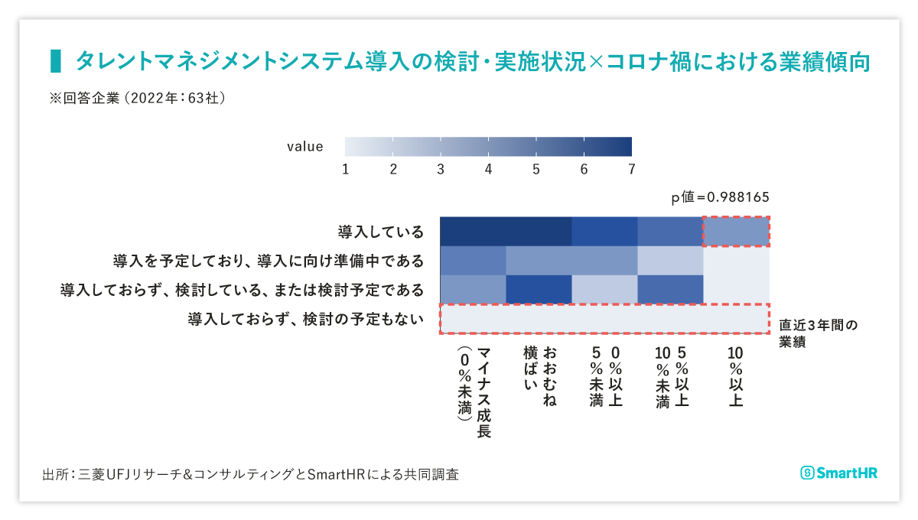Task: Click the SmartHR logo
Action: tap(838, 473)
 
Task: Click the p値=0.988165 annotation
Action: tap(720, 197)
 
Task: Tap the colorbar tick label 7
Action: tap(631, 169)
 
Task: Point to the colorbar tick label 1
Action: tap(345, 169)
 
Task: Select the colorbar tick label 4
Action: tap(488, 169)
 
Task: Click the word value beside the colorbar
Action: tap(304, 147)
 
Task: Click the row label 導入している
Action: tap(380, 232)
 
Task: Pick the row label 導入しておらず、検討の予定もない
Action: tap(305, 319)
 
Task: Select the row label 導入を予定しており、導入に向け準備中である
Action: tap(268, 261)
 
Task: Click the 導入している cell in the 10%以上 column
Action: tap(736, 232)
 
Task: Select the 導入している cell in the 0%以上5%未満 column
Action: tap(604, 232)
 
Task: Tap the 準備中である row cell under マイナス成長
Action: tap(473, 261)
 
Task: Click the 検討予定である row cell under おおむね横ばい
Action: tap(539, 290)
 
